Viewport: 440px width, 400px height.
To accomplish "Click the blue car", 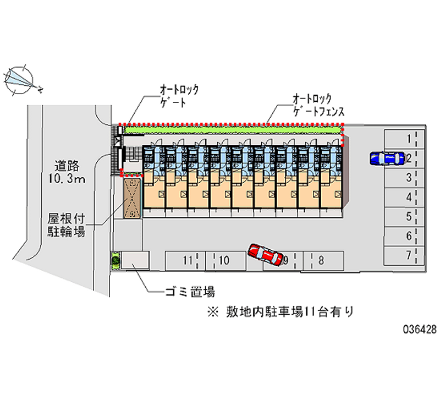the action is (387, 158).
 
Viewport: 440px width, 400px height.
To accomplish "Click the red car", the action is (266, 254).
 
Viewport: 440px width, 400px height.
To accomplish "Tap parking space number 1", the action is (404, 139).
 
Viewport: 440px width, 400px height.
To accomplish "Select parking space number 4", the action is (404, 198).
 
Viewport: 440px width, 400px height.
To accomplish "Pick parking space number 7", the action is (404, 255).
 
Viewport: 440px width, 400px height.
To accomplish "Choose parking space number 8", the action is (323, 261).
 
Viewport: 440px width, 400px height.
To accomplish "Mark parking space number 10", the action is (226, 261).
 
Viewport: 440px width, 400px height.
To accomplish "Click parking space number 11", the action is (185, 261).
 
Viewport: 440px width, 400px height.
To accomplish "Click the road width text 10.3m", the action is (67, 178).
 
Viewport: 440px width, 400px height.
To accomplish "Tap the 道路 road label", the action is (67, 166).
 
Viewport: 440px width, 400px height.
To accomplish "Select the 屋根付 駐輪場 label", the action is (66, 225).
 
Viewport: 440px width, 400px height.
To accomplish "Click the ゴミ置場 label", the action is (190, 292).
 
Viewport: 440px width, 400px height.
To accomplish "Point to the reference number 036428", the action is (420, 329).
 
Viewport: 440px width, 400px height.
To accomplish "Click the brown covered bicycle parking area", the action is (132, 198).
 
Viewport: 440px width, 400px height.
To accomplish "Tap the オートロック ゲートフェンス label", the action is (318, 105).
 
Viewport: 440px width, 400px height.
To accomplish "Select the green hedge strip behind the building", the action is (233, 130).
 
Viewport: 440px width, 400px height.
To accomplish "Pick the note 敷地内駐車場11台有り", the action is (280, 312).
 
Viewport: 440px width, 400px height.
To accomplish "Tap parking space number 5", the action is (404, 217).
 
